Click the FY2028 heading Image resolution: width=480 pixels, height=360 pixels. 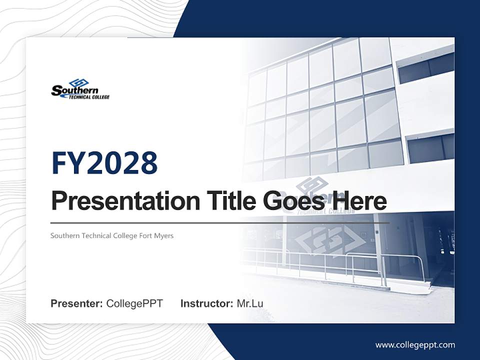(x=104, y=163)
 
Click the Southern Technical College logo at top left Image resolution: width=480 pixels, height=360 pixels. (x=80, y=89)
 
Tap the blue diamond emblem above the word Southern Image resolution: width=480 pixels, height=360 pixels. (x=78, y=82)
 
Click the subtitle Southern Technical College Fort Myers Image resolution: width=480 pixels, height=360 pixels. (x=112, y=235)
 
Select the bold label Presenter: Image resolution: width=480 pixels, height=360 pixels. (x=77, y=303)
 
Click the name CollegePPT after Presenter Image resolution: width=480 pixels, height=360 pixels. (x=134, y=303)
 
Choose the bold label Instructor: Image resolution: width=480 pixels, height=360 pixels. (x=206, y=303)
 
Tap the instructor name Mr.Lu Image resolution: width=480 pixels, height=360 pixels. (x=250, y=303)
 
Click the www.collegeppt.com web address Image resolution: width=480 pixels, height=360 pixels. (x=415, y=345)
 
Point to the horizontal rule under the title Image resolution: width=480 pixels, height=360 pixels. (x=220, y=223)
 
